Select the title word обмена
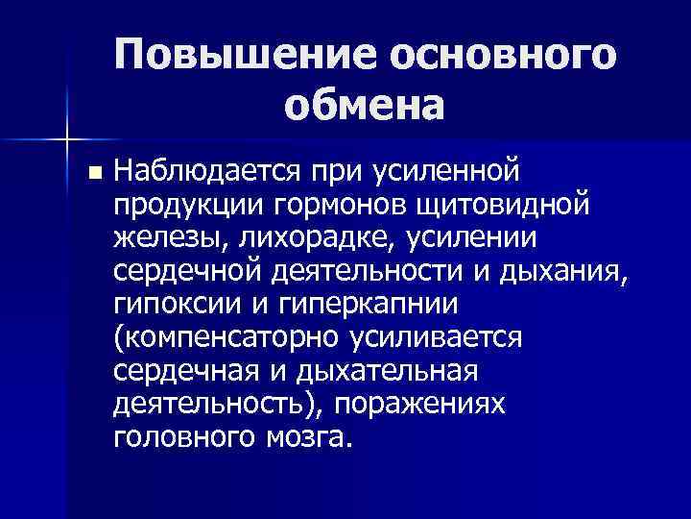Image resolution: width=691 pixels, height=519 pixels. (x=364, y=105)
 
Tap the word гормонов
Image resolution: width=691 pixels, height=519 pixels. (x=322, y=206)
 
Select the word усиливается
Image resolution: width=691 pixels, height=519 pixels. (x=454, y=338)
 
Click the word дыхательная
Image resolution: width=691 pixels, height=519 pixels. (x=397, y=371)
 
